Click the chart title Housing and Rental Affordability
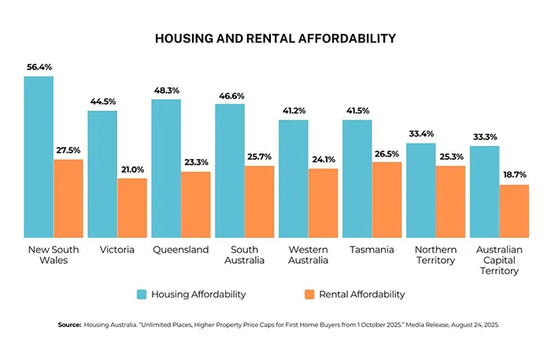click(x=275, y=38)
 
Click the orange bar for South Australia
click(x=260, y=201)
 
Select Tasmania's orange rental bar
click(x=386, y=199)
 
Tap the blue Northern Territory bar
click(x=420, y=190)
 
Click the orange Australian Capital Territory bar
click(x=514, y=210)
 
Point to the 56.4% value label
click(x=39, y=67)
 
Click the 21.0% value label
click(x=132, y=169)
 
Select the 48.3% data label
click(x=166, y=91)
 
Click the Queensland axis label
click(x=180, y=250)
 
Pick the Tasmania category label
click(x=372, y=250)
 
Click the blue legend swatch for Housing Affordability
click(x=142, y=294)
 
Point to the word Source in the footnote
click(x=69, y=325)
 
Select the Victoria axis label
click(x=116, y=250)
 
